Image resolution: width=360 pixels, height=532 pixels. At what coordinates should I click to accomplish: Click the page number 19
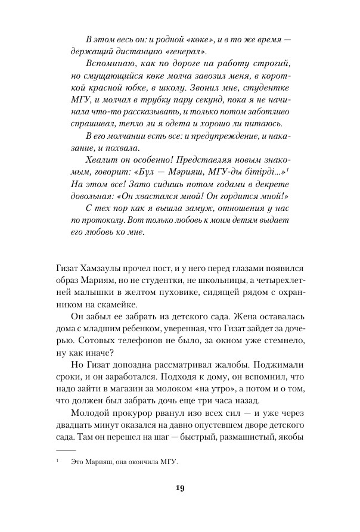click(x=179, y=489)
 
